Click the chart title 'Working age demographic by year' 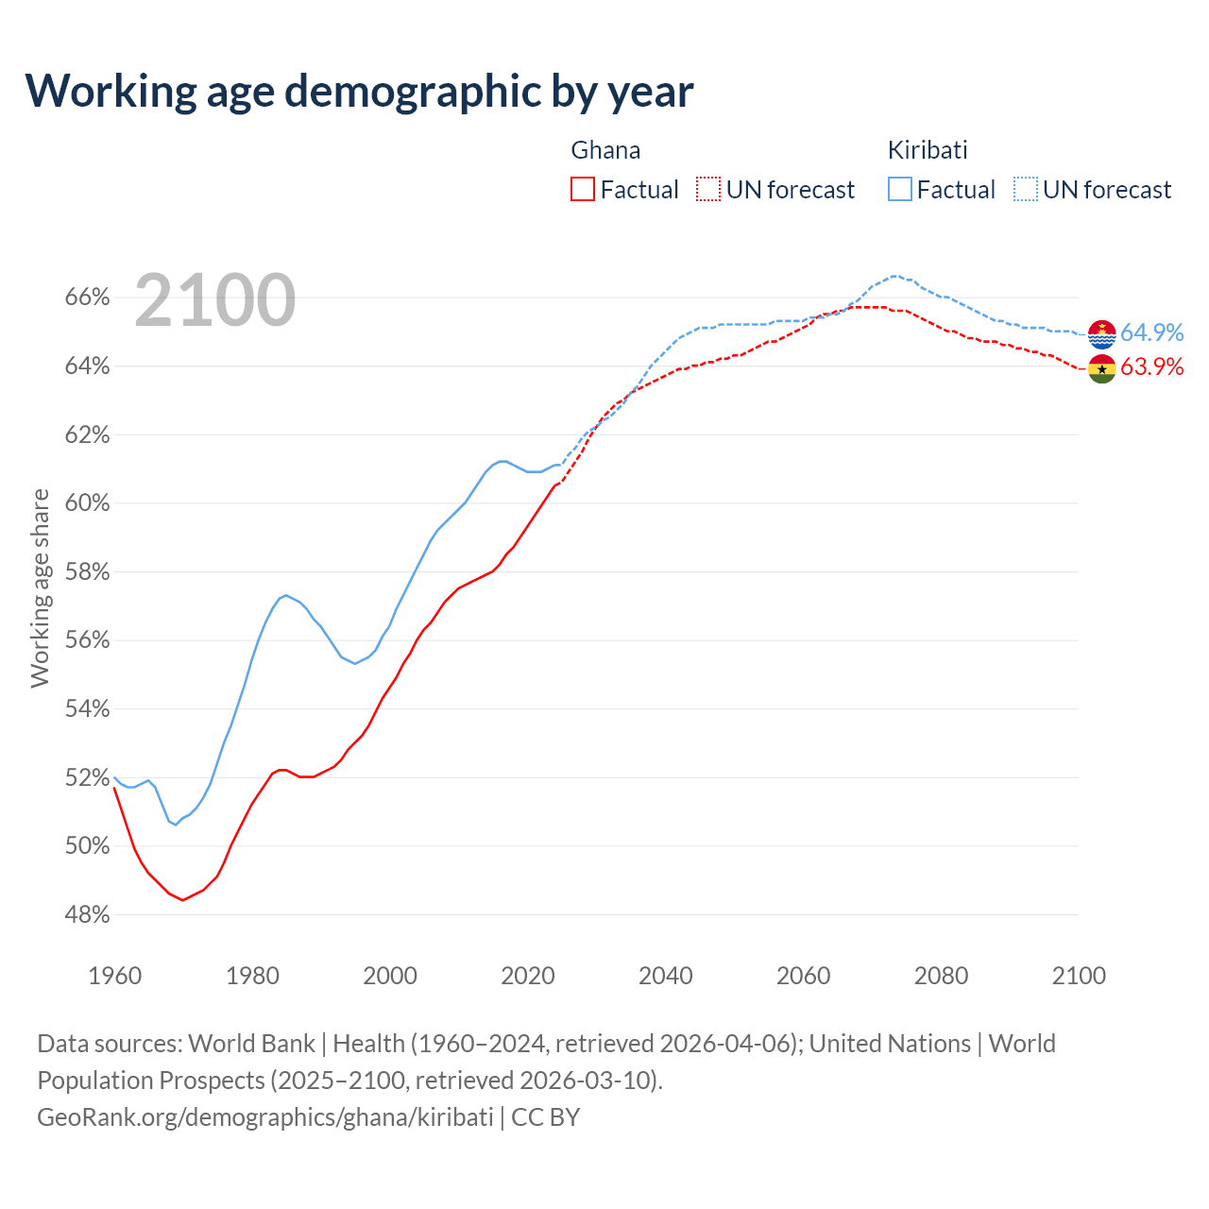(x=359, y=91)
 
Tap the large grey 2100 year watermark (x=215, y=300)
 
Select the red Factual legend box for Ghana (x=583, y=189)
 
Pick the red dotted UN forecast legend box (x=708, y=189)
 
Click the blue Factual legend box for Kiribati (x=900, y=189)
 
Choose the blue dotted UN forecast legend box (x=1026, y=189)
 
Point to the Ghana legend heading (x=605, y=150)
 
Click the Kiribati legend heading (x=928, y=150)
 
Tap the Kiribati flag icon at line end (x=1102, y=334)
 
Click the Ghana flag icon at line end (x=1102, y=368)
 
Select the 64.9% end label (x=1151, y=332)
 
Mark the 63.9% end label (x=1151, y=366)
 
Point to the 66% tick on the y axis (x=88, y=298)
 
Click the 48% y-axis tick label (x=88, y=914)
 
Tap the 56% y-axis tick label (x=88, y=640)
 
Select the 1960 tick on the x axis (x=114, y=976)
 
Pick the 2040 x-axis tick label (x=665, y=976)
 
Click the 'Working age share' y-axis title (x=40, y=587)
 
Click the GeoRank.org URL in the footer (x=264, y=1117)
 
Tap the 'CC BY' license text (x=546, y=1117)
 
